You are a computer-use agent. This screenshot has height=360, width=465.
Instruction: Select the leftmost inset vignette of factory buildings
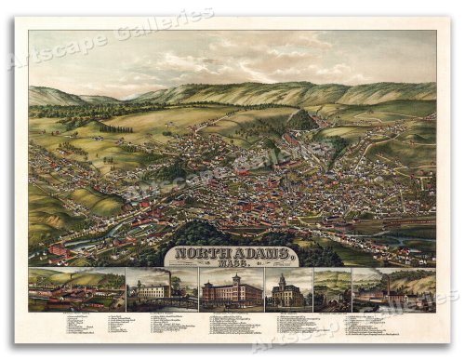point(76,289)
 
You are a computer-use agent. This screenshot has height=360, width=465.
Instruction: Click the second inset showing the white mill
point(162,289)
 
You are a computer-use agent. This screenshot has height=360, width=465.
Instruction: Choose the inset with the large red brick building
point(230,290)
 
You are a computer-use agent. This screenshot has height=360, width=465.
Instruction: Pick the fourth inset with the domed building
point(288,290)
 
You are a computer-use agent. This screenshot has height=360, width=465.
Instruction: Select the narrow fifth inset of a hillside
point(332,289)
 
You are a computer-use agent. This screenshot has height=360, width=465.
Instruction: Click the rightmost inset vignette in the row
point(393,289)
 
